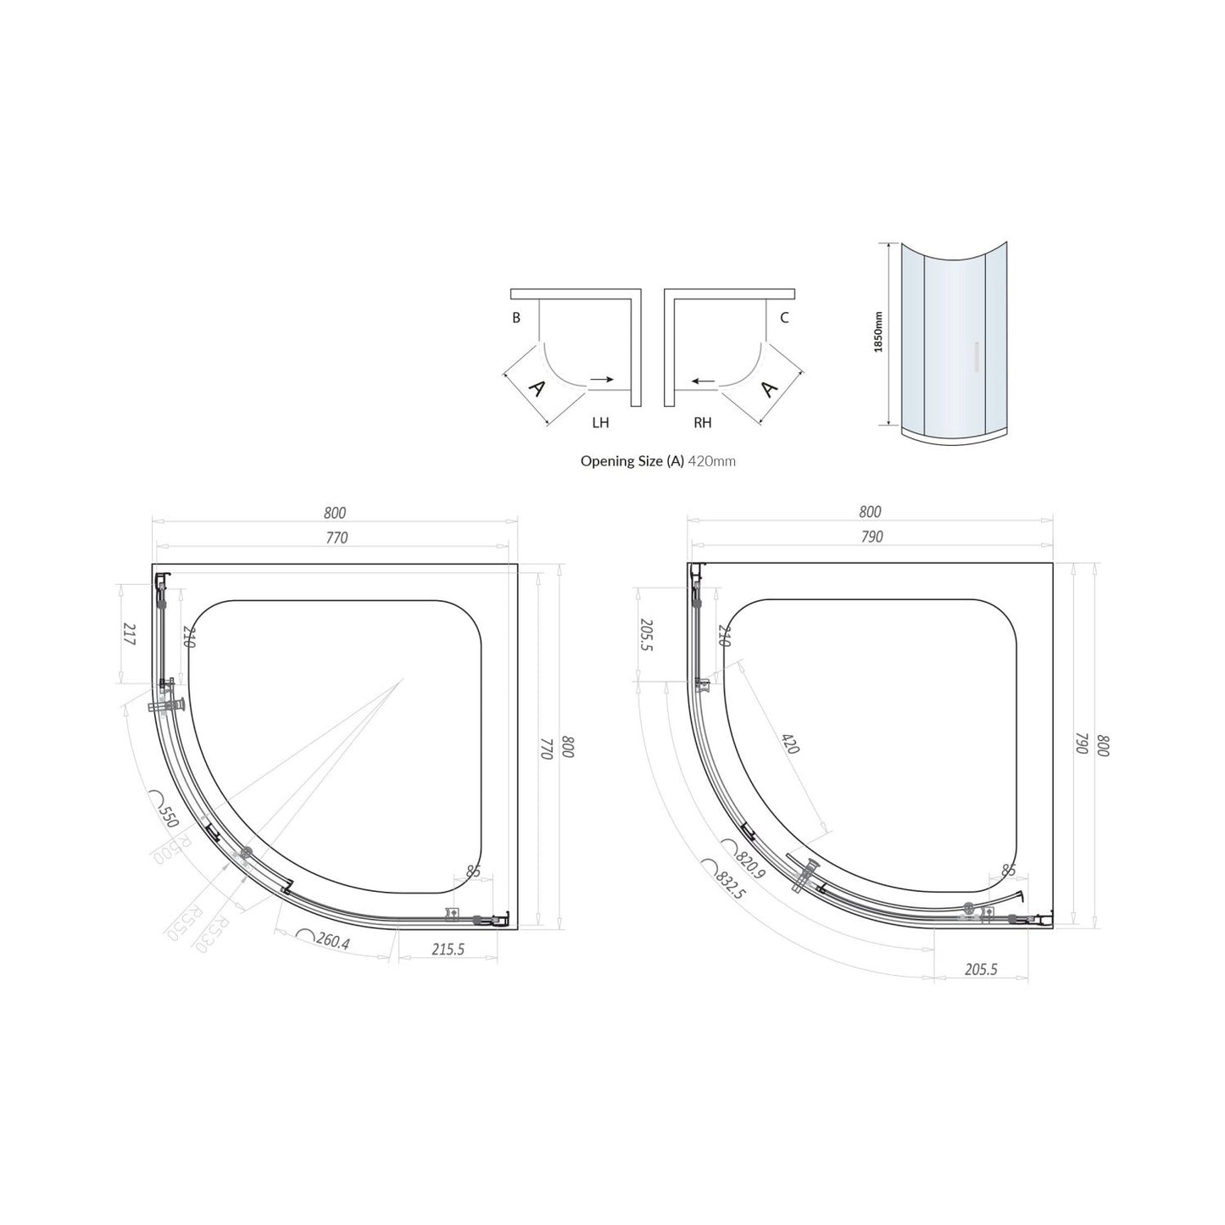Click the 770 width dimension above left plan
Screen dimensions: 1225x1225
coord(336,537)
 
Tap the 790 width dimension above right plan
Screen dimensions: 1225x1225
coord(871,537)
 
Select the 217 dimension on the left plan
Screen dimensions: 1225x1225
coord(130,635)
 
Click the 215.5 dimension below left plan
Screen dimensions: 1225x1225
coord(448,949)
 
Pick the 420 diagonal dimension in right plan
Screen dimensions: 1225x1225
coord(790,743)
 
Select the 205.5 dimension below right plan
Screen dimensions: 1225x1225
coord(981,970)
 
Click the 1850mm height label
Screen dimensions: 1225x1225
coord(879,331)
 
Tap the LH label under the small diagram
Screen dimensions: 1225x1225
coord(600,422)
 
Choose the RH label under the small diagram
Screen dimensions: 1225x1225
coord(703,422)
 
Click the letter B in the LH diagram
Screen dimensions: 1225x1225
coord(515,319)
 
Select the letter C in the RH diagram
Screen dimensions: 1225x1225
coord(784,319)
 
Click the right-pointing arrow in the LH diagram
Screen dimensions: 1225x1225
coord(602,380)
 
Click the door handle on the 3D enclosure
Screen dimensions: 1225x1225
coord(977,357)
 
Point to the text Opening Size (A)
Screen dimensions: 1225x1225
coord(632,461)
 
